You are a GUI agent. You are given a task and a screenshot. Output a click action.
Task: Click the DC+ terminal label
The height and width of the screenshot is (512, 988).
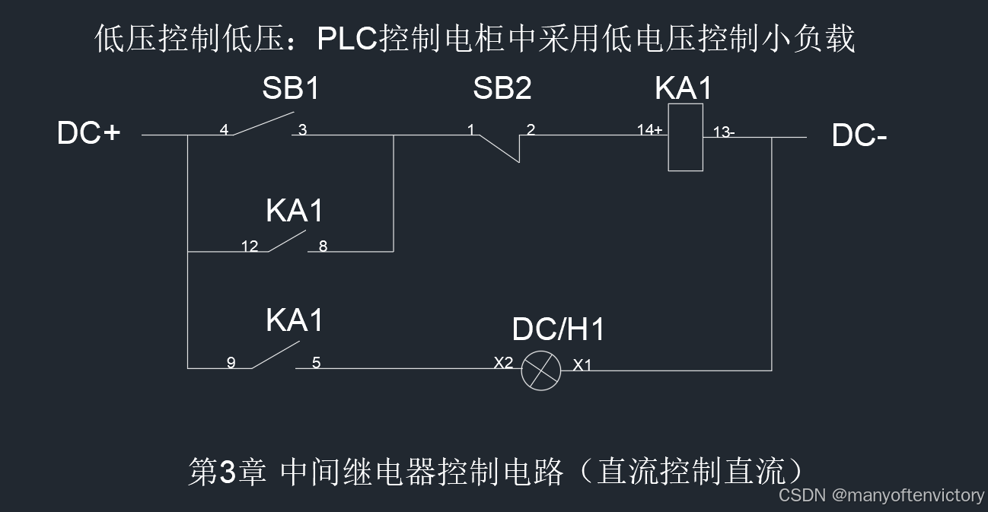(88, 134)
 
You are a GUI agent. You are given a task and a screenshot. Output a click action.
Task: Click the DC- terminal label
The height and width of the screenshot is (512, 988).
(859, 136)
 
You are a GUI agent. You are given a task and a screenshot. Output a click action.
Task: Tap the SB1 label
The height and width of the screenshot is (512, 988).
(291, 89)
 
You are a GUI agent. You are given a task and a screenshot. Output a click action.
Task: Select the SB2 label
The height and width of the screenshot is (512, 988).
(502, 89)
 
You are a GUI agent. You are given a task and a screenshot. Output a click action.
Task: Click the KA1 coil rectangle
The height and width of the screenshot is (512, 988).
(685, 138)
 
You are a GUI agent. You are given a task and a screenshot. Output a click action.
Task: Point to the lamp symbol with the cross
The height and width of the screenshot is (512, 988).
(541, 371)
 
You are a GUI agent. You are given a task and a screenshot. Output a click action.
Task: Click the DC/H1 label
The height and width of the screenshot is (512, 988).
(559, 330)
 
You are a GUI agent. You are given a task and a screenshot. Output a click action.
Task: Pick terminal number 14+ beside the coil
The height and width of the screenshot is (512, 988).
(649, 130)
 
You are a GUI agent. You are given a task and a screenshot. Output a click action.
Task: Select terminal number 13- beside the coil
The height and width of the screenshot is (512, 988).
(724, 132)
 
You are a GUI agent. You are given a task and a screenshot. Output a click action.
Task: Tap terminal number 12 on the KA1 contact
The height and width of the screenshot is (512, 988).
(250, 246)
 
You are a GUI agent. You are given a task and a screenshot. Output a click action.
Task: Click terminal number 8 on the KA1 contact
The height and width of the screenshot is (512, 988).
(323, 246)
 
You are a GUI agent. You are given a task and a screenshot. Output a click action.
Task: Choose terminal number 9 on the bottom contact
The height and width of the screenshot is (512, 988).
(231, 363)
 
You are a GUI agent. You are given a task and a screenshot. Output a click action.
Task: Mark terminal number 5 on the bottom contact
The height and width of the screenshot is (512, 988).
(316, 363)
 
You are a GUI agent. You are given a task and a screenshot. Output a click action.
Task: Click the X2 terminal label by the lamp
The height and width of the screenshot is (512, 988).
(504, 363)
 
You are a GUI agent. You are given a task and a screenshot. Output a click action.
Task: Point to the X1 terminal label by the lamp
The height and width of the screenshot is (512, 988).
(582, 365)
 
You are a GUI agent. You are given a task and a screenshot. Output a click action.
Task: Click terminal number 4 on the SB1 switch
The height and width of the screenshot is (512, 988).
(224, 130)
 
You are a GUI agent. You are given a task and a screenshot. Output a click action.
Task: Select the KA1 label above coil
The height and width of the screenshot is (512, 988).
(684, 89)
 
